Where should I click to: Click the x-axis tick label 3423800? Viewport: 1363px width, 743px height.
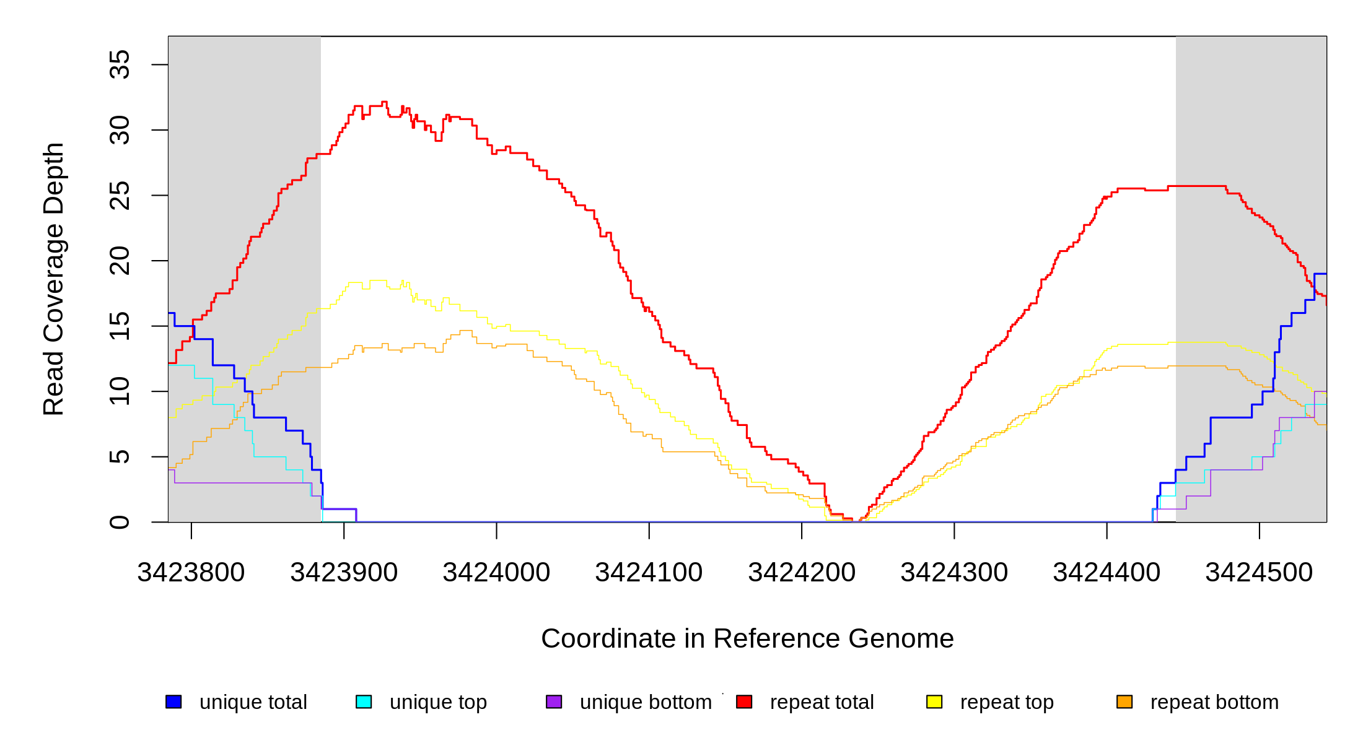(191, 573)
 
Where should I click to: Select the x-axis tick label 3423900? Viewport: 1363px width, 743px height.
(344, 573)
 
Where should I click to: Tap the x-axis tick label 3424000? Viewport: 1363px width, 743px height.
(496, 573)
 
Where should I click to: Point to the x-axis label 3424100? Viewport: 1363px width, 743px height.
(649, 573)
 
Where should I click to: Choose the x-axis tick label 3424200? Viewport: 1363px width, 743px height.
(802, 573)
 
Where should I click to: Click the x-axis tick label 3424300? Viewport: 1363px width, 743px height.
(954, 573)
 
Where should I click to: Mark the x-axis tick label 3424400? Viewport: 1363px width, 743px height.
(1107, 573)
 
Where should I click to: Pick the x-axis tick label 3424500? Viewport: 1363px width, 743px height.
(1259, 573)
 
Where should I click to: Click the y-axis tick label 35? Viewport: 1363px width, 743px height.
(120, 64)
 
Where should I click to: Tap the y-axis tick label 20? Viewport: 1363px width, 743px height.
(120, 261)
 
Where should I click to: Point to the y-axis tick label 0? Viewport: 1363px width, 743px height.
(120, 522)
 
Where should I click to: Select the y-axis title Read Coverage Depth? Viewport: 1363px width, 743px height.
(54, 279)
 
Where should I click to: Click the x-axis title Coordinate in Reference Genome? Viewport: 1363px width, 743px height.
(747, 638)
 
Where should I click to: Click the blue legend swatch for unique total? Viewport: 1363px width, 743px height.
(173, 702)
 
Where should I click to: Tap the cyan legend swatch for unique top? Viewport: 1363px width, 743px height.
(364, 702)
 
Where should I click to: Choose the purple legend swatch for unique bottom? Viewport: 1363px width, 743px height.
(554, 702)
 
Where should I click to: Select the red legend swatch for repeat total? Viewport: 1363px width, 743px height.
(744, 702)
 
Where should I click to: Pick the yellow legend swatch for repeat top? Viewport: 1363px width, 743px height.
(934, 702)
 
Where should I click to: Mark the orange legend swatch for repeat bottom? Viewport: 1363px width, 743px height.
(1124, 702)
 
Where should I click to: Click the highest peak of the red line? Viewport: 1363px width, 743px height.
(384, 102)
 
